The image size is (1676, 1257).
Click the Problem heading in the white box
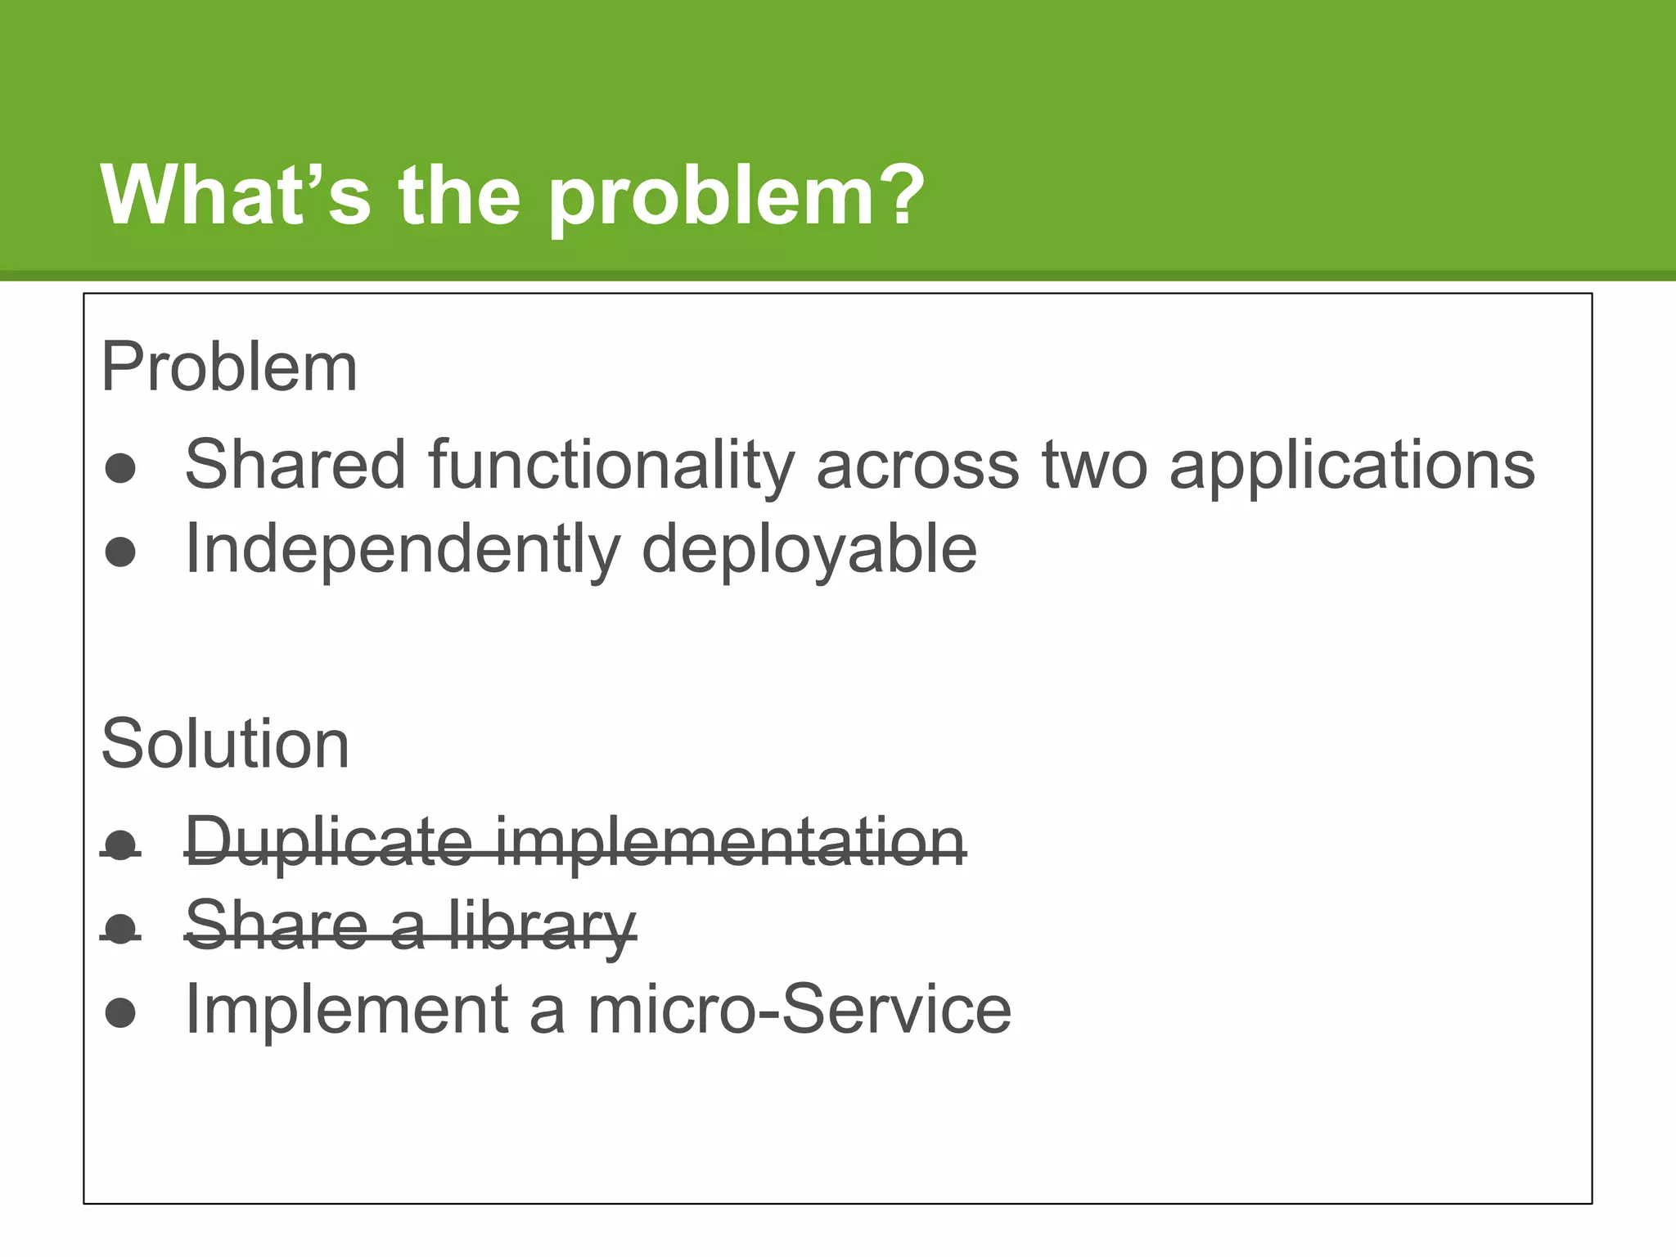point(229,368)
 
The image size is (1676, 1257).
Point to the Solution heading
point(225,745)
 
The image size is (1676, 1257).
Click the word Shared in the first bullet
point(295,465)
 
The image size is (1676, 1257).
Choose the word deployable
point(809,551)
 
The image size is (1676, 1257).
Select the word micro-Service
point(800,1010)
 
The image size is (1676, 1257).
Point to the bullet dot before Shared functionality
point(121,468)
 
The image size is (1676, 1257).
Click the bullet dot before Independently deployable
point(121,552)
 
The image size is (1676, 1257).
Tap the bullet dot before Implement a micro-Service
point(121,1012)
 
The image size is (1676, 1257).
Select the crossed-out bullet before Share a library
point(121,929)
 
